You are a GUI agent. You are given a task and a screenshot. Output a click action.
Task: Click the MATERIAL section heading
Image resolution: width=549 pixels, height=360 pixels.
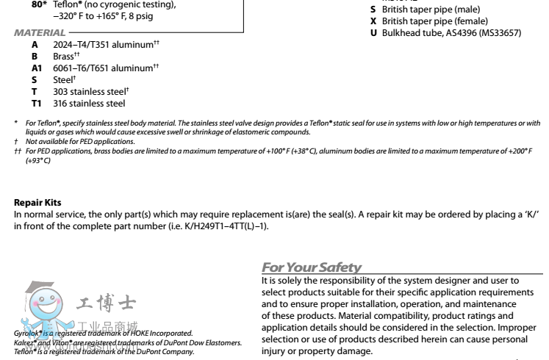click(x=40, y=33)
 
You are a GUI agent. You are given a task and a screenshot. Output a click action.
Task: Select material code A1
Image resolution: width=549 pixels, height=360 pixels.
click(x=37, y=68)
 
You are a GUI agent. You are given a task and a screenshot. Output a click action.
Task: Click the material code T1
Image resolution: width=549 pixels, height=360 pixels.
click(x=36, y=104)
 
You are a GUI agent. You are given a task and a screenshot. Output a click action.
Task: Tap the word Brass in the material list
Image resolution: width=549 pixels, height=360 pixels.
click(x=63, y=57)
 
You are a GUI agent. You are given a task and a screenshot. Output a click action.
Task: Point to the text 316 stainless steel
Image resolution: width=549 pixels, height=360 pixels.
click(x=89, y=104)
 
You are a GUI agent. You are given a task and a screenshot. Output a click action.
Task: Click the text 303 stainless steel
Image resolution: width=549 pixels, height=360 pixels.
click(x=89, y=92)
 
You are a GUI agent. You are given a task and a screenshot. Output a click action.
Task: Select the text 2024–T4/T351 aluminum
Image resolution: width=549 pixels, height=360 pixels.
click(x=103, y=45)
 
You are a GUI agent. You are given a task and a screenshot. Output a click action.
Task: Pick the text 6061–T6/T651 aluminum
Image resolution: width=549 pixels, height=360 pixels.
click(x=103, y=68)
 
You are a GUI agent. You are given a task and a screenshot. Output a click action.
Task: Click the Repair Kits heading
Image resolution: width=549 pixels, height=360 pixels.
click(x=37, y=203)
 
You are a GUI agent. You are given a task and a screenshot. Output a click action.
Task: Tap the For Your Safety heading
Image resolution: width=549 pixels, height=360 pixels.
click(x=312, y=267)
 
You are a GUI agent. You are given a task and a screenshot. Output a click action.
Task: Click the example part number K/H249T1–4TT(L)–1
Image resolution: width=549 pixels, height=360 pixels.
click(x=220, y=226)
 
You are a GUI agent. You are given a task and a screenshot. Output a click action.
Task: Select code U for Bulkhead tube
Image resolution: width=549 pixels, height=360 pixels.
click(x=373, y=33)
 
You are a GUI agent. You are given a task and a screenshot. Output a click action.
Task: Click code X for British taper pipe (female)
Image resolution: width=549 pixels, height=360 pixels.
click(x=373, y=21)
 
